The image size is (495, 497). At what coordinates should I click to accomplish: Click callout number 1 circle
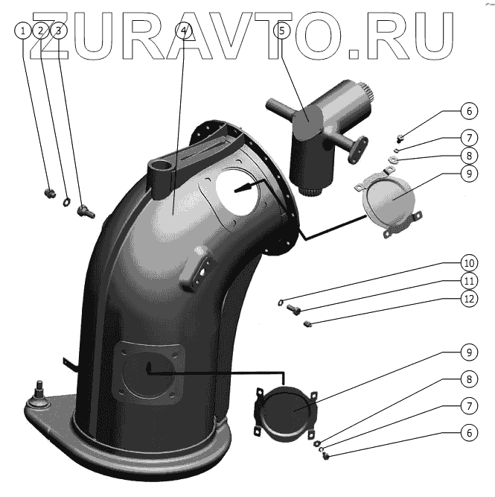tap(24, 31)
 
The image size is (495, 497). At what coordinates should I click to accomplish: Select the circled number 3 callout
tap(59, 31)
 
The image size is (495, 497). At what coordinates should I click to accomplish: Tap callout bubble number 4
tap(185, 31)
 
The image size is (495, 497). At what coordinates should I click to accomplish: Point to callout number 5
tap(281, 31)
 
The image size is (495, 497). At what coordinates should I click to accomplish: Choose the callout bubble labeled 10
tap(468, 263)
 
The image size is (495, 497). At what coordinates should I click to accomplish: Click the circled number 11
tap(468, 282)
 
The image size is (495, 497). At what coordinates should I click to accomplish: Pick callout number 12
tap(468, 300)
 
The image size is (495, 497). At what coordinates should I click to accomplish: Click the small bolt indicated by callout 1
tap(51, 193)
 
